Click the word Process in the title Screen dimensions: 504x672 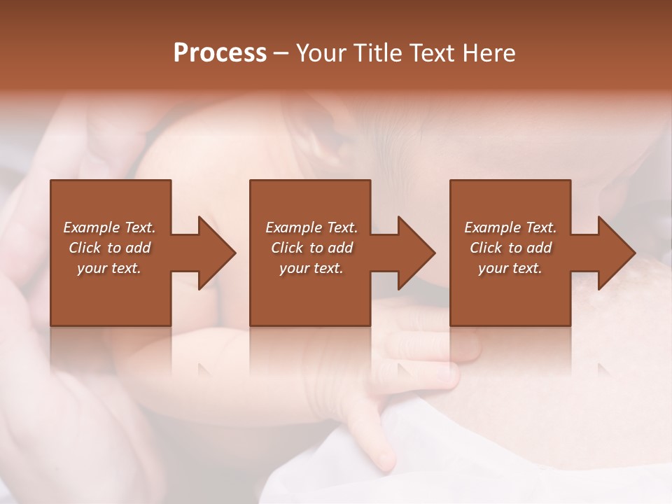[220, 53]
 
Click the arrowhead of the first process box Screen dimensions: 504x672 [217, 253]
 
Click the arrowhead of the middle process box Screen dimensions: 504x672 [416, 253]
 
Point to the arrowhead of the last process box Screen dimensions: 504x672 [617, 253]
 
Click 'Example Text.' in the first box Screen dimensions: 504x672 [109, 227]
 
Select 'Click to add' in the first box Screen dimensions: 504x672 [109, 248]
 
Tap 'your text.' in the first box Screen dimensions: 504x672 [109, 268]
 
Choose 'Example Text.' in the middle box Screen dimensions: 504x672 [311, 227]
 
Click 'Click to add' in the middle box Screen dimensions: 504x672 [311, 248]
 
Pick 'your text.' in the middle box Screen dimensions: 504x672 [311, 268]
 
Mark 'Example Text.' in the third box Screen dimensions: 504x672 [510, 227]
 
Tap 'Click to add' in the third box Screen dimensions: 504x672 [510, 248]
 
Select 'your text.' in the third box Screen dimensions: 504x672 [510, 268]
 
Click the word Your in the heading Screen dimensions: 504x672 [320, 53]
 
